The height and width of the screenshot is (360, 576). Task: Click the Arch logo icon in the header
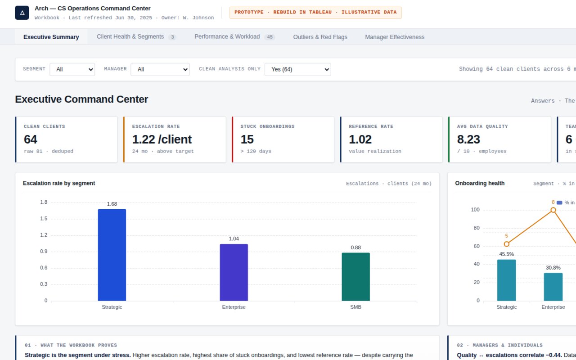click(22, 13)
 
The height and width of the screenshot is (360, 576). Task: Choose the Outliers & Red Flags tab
click(320, 37)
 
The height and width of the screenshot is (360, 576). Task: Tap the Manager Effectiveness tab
click(395, 37)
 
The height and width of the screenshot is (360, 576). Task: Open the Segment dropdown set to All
click(72, 69)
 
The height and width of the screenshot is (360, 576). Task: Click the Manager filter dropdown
click(160, 69)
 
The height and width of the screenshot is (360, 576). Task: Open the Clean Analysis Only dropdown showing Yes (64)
click(298, 69)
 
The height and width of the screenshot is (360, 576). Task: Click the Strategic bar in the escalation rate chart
click(112, 255)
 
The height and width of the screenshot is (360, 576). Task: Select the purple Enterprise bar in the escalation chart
click(234, 272)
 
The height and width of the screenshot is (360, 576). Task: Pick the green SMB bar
click(355, 277)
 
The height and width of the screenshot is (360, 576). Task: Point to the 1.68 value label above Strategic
click(112, 204)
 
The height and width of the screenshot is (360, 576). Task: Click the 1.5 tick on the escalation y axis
click(44, 219)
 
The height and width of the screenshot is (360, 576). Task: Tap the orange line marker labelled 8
click(553, 210)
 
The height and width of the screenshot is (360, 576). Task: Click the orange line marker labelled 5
click(507, 244)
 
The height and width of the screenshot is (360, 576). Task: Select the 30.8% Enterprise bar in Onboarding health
click(553, 287)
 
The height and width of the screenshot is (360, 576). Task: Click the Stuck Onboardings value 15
click(247, 139)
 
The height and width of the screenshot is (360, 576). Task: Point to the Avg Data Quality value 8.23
click(468, 139)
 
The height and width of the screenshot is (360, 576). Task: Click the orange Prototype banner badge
click(315, 13)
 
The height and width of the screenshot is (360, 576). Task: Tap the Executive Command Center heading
click(81, 99)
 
